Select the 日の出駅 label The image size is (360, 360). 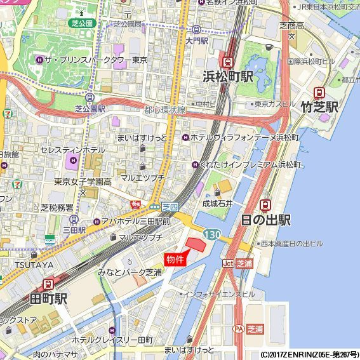265,220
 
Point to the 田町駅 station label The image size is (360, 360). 48,298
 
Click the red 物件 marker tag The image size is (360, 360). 175,259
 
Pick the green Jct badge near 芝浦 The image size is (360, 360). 228,263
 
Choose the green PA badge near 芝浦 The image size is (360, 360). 239,329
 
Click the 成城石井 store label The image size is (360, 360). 218,204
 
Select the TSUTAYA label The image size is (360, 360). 18,265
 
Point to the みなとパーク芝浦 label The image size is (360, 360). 130,272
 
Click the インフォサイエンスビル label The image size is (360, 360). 220,295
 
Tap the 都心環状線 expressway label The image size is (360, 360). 164,110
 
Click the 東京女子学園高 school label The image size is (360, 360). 83,182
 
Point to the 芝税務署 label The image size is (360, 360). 57,208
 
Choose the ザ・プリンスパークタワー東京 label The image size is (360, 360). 96,60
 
